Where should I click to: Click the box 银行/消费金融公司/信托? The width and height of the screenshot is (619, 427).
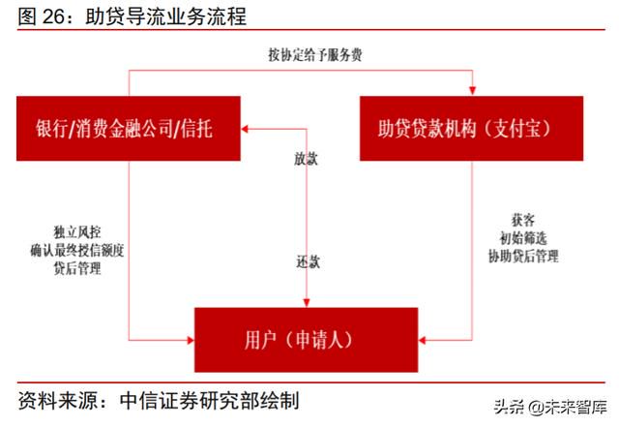point(129,129)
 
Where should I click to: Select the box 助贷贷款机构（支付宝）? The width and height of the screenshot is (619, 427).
point(471,129)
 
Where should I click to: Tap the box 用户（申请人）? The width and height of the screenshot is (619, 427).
point(306,340)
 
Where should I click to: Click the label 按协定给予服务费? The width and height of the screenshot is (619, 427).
point(315,54)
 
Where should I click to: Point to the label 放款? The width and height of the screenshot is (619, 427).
point(306,159)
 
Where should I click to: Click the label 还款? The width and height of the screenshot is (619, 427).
point(308,261)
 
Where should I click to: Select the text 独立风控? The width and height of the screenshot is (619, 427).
point(77,232)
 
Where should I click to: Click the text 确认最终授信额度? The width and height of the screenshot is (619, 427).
point(77,250)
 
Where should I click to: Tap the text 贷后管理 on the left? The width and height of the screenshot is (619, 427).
point(77,268)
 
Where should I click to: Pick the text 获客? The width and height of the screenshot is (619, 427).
point(523,220)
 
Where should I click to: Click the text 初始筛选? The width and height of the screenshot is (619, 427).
point(523,238)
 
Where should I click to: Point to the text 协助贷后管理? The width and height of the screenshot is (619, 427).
point(523,257)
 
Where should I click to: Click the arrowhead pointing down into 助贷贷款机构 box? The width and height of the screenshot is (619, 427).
point(472,91)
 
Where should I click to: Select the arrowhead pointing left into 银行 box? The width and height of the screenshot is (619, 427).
point(245,129)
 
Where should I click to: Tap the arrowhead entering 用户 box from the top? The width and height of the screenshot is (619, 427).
point(307,302)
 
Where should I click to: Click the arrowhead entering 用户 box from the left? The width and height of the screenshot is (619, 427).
point(190,340)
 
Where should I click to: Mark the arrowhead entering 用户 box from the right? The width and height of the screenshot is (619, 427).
point(423,340)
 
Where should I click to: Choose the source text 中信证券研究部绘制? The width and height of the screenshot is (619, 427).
point(209,401)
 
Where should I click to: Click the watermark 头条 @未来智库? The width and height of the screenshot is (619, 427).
point(550,407)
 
